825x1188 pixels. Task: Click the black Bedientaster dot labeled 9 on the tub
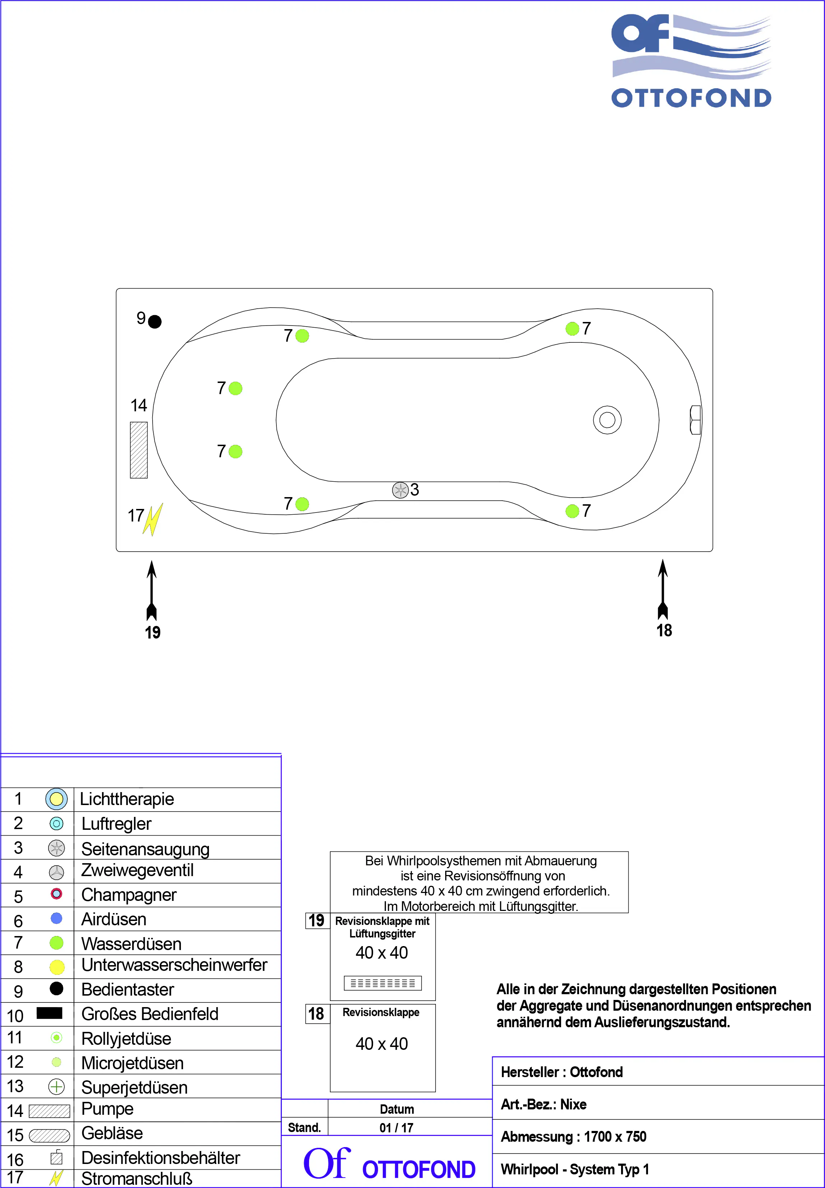click(x=155, y=322)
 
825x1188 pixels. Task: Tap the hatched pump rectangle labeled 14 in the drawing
click(x=139, y=450)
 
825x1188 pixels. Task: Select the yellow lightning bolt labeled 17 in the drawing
click(x=153, y=519)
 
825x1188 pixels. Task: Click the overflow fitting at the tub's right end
click(x=696, y=420)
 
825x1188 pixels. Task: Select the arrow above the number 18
click(x=663, y=589)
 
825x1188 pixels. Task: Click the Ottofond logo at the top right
click(x=691, y=61)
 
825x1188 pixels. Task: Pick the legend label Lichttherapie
click(x=127, y=799)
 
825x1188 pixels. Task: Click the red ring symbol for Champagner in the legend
click(x=56, y=893)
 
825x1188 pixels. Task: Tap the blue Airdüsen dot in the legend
click(x=56, y=918)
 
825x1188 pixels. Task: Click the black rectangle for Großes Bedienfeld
click(x=50, y=1013)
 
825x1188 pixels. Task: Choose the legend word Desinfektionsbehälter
click(x=160, y=1157)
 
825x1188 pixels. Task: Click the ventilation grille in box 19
click(x=382, y=983)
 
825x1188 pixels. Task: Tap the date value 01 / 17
click(x=396, y=1128)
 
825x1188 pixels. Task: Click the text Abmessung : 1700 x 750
click(x=573, y=1136)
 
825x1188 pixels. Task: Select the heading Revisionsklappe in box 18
click(x=381, y=1012)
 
